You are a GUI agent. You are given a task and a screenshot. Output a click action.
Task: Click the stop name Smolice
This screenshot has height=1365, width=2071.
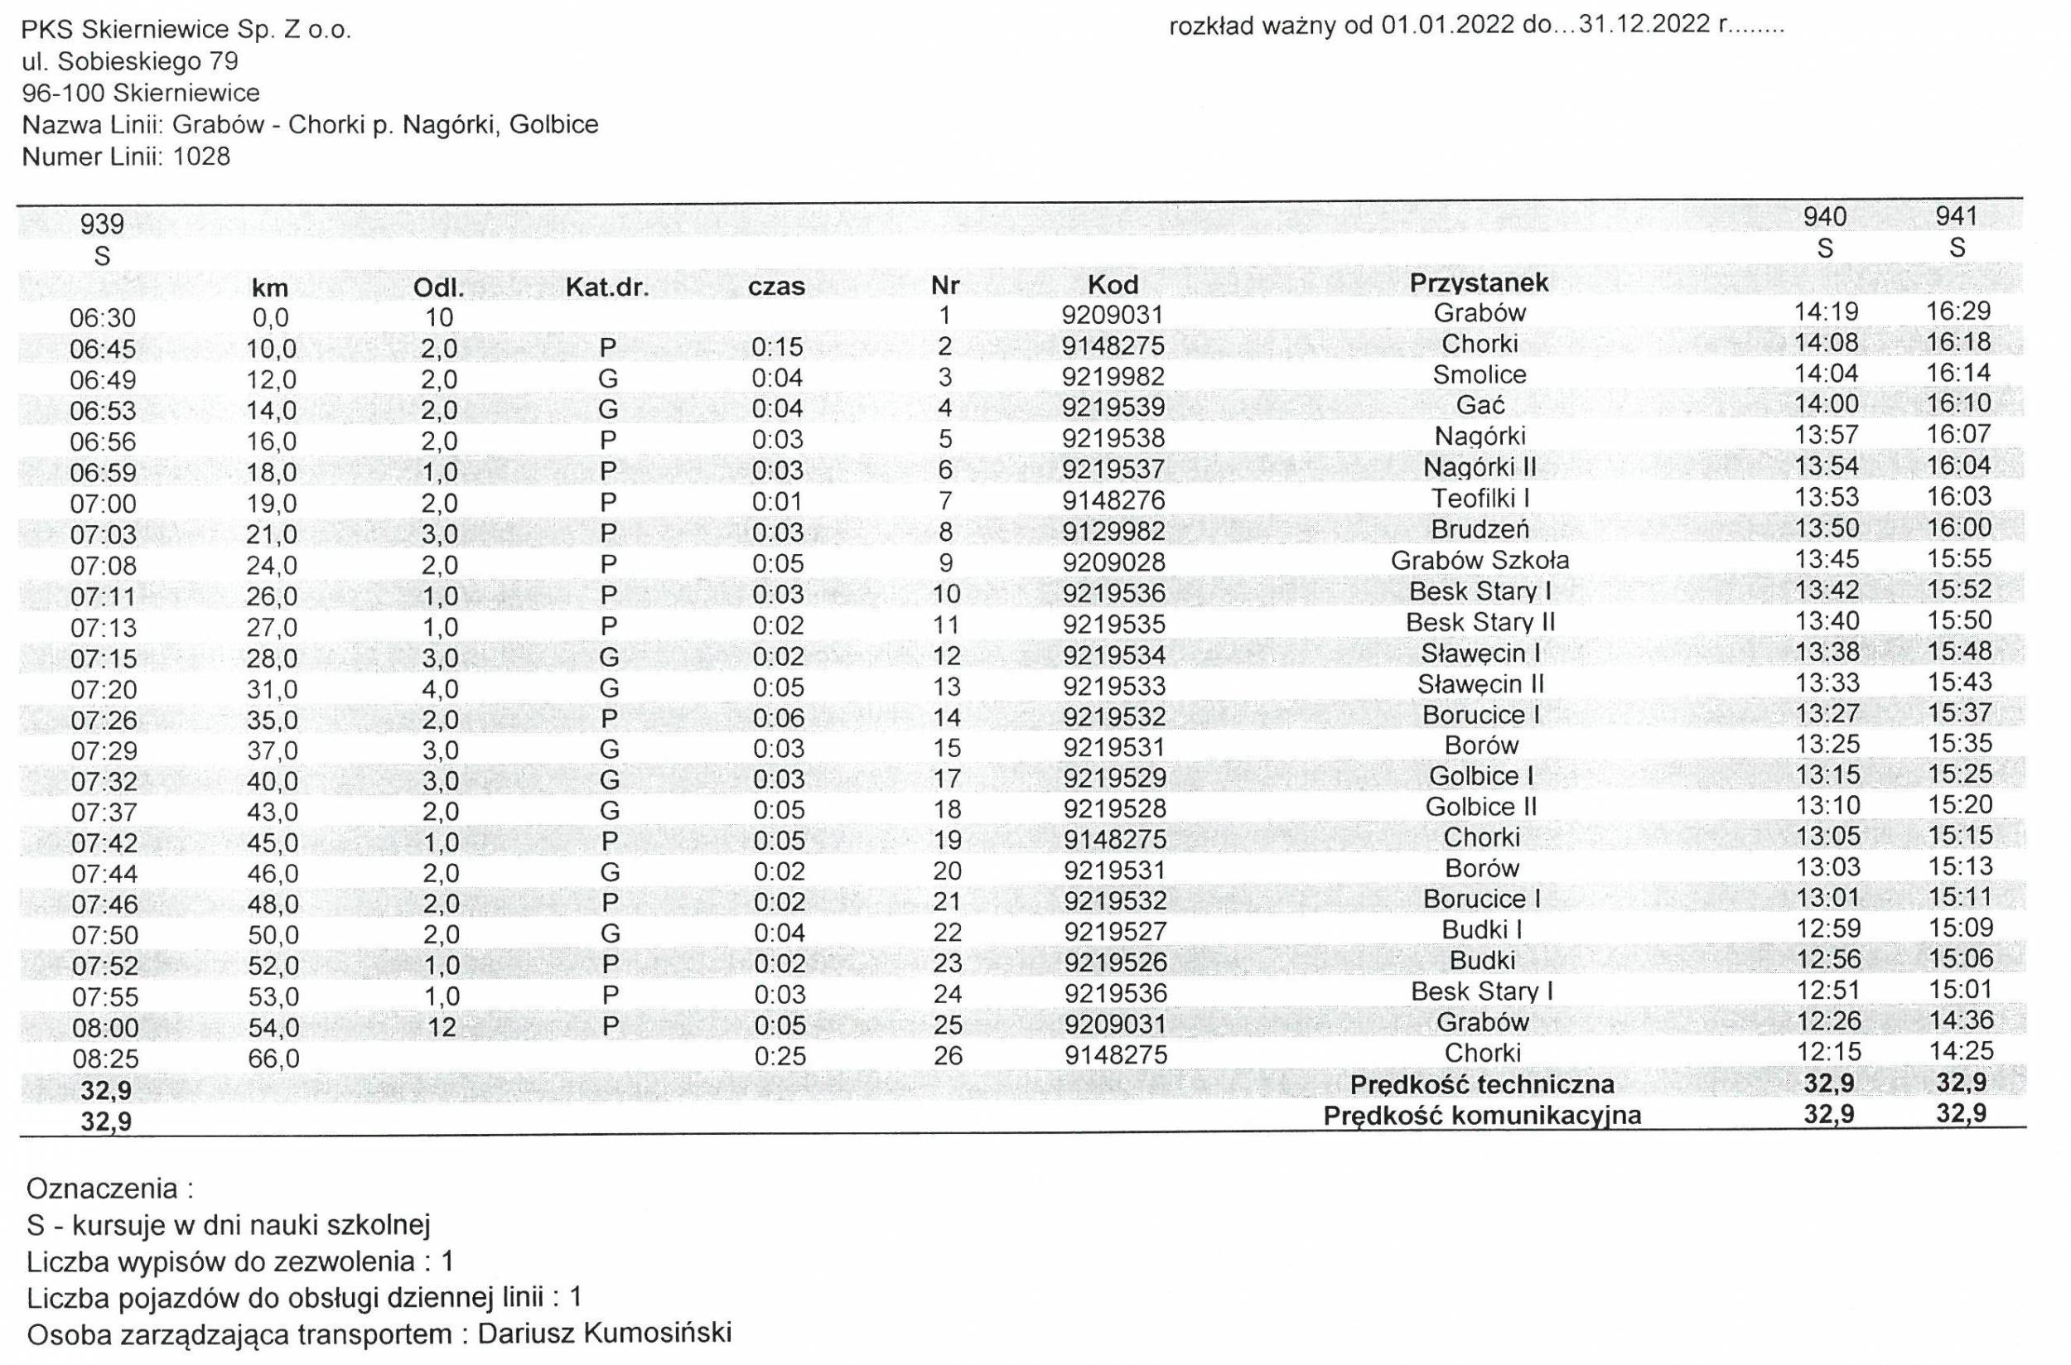[x=1479, y=374]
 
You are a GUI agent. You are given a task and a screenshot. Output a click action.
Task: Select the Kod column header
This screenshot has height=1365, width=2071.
[x=1113, y=285]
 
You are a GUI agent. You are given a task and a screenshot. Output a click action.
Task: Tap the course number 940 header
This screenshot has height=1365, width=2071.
[x=1825, y=217]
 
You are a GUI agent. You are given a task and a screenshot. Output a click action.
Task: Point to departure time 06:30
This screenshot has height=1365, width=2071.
[x=103, y=318]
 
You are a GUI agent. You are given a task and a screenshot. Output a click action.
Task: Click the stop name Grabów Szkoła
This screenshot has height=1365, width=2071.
[x=1479, y=560]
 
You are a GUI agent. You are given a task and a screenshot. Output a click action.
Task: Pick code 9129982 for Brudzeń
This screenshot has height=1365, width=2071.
[x=1113, y=531]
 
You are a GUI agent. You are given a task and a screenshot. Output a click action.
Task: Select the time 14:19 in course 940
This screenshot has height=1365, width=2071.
[x=1826, y=311]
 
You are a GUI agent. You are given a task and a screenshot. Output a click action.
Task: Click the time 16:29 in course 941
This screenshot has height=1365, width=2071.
[x=1958, y=311]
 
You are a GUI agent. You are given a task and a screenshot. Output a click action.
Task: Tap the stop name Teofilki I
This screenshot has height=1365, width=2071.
[x=1480, y=498]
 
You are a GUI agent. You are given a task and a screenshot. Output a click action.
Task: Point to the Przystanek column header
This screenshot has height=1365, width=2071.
[x=1479, y=282]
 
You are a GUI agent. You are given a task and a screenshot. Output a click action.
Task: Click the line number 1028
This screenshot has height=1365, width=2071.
[x=202, y=157]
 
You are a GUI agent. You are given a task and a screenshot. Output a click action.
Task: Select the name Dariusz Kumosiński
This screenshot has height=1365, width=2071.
[x=604, y=1333]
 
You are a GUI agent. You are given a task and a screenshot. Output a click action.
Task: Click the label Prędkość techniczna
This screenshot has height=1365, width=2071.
[x=1482, y=1085]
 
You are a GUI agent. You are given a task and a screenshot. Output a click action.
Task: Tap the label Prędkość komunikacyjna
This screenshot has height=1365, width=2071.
[x=1482, y=1115]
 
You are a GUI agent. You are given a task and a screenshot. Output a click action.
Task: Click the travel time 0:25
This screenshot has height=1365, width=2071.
[x=778, y=1056]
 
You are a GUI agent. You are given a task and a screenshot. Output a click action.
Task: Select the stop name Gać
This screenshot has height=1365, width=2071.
[x=1480, y=405]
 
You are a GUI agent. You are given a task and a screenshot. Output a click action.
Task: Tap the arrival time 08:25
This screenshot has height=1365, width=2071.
[x=104, y=1059]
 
